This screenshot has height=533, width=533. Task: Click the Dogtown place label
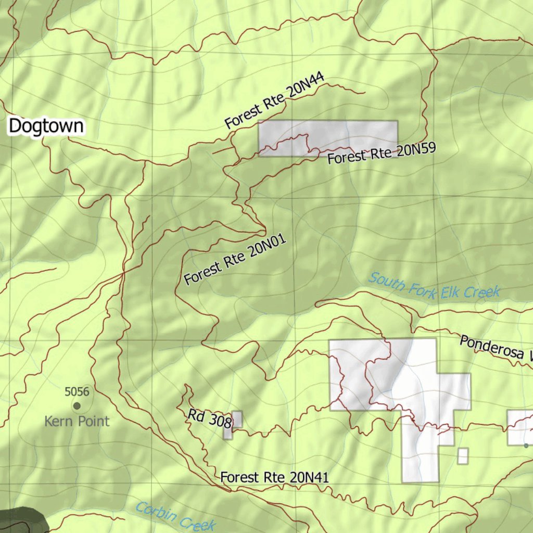46,126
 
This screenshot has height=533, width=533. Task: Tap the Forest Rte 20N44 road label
275,100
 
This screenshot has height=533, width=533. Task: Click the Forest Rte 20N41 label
274,477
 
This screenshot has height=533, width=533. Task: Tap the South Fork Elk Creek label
434,286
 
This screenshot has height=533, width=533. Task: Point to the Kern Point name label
77,421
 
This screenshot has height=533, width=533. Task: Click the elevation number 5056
77,391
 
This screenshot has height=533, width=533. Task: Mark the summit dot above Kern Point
77,405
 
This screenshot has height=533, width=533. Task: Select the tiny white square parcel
463,456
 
